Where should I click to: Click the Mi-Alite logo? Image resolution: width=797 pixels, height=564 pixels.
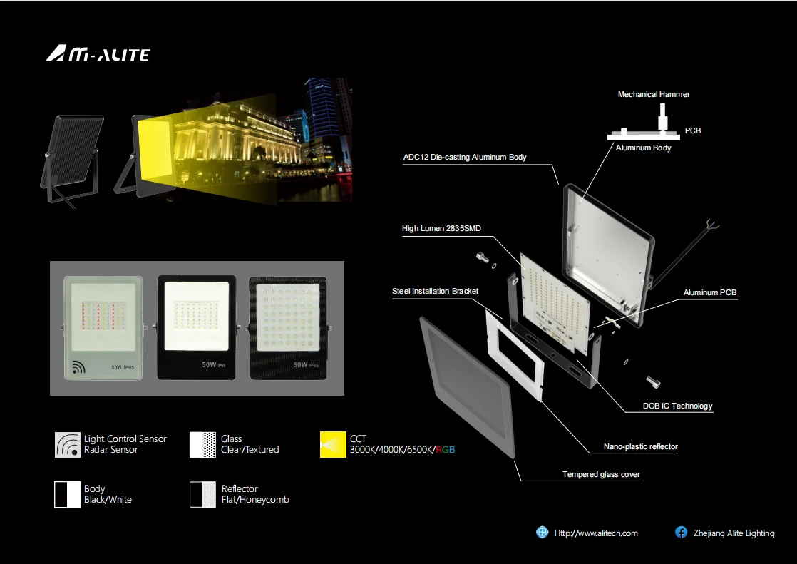98,54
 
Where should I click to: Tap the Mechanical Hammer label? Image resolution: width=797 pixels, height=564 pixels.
654,94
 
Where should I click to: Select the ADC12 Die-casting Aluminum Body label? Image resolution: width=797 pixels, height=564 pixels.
465,157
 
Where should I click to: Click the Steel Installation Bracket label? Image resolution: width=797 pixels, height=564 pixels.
435,291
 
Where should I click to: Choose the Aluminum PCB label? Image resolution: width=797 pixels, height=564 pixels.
709,293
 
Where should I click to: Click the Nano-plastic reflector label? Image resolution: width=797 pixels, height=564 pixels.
641,447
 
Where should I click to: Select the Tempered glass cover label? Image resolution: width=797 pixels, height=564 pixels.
601,475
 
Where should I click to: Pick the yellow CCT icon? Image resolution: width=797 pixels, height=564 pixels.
332,444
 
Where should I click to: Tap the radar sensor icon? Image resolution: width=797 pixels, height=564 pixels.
68,444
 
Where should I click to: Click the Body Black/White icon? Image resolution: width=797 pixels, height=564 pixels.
68,494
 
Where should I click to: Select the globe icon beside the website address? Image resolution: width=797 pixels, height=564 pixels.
543,533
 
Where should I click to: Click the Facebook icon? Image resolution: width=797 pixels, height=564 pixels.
682,533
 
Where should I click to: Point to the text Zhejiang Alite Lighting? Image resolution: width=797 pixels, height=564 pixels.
734,533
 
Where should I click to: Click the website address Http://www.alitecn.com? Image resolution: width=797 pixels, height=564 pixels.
596,533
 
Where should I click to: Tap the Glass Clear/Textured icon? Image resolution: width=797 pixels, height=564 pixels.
202,444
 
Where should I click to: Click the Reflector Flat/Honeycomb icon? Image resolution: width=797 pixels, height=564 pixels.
202,494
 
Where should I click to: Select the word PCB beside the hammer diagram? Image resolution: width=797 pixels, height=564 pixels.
692,131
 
